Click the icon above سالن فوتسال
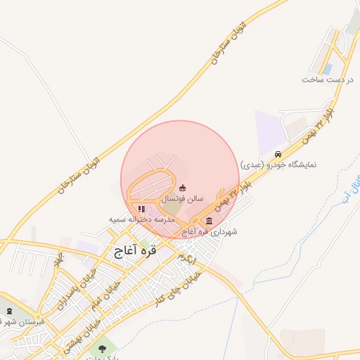pyautogui.click(x=183, y=188)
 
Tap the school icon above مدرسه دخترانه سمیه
pyautogui.click(x=141, y=209)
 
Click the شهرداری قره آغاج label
pyautogui.click(x=210, y=231)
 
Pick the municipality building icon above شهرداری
pyautogui.click(x=210, y=221)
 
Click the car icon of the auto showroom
pyautogui.click(x=279, y=154)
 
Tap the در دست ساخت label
pyautogui.click(x=326, y=79)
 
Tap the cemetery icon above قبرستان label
pyautogui.click(x=8, y=311)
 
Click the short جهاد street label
pyautogui.click(x=59, y=260)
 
